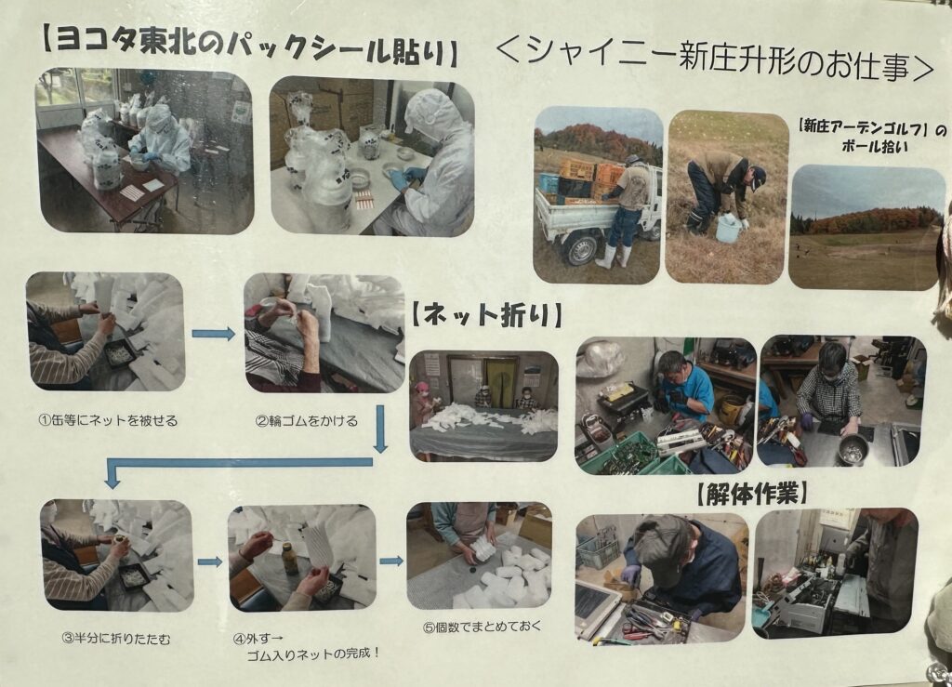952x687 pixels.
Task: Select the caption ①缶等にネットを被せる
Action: click(108, 420)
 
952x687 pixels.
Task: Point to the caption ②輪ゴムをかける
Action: click(306, 420)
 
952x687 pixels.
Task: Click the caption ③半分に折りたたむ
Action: click(116, 638)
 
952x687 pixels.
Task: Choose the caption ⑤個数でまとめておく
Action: click(482, 627)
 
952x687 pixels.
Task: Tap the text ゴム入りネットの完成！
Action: click(313, 654)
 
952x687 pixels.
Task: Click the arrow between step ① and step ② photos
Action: click(213, 333)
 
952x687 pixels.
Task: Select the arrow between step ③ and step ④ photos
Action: click(210, 562)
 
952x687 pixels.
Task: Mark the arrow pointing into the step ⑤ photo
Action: click(391, 561)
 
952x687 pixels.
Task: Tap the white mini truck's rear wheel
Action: click(581, 249)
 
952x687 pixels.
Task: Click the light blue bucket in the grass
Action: click(727, 229)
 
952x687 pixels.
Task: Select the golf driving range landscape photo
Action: click(867, 227)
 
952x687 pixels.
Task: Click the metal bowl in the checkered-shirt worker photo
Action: click(853, 450)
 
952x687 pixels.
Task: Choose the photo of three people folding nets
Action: click(483, 406)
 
